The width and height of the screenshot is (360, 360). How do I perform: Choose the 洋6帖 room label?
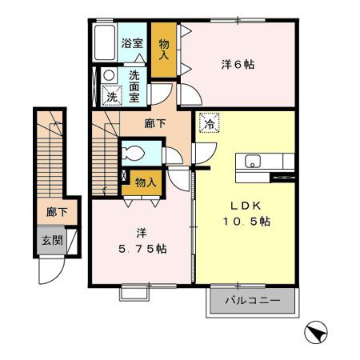(x=238, y=64)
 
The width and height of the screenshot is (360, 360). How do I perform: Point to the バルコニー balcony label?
(x=252, y=302)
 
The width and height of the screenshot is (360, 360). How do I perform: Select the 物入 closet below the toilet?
(x=145, y=183)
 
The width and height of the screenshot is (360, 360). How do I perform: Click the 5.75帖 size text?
(x=142, y=248)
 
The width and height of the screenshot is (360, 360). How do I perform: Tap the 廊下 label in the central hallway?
(x=154, y=124)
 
